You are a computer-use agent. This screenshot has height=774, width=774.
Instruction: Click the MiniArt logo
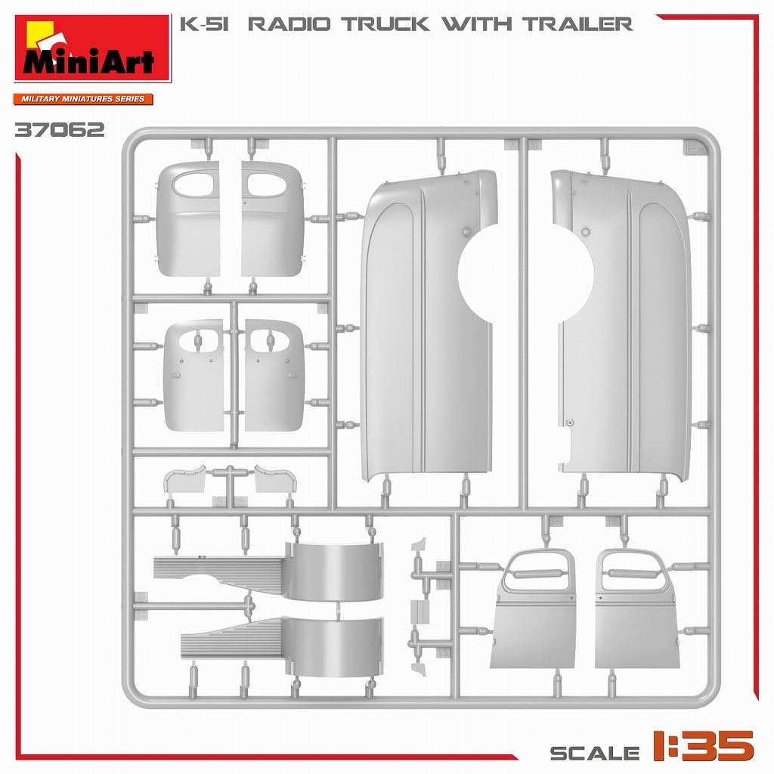(93, 48)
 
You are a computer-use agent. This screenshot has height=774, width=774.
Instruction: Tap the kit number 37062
(60, 130)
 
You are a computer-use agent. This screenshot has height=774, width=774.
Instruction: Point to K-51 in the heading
(204, 24)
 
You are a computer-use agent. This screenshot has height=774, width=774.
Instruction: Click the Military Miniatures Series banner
(83, 99)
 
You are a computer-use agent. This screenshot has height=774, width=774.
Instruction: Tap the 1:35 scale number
(704, 745)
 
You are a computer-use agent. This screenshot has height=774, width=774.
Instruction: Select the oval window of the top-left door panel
(193, 184)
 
